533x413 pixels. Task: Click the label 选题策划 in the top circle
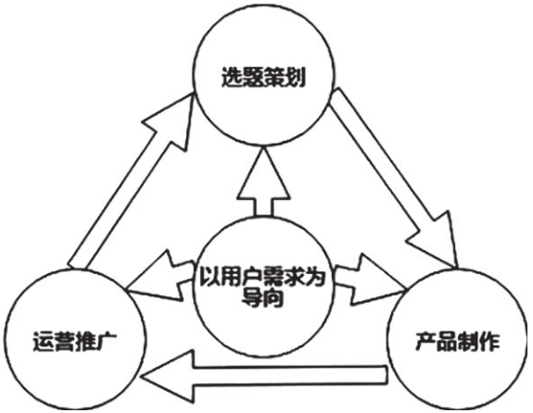(262, 78)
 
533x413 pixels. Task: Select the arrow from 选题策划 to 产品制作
(394, 177)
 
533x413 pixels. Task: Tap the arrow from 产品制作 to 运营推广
(266, 376)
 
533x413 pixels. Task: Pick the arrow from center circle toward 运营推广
(159, 276)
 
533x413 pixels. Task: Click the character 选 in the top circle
(232, 78)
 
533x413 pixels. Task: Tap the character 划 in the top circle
(294, 78)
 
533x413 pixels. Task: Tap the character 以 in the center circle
(209, 277)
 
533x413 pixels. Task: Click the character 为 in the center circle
(314, 277)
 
